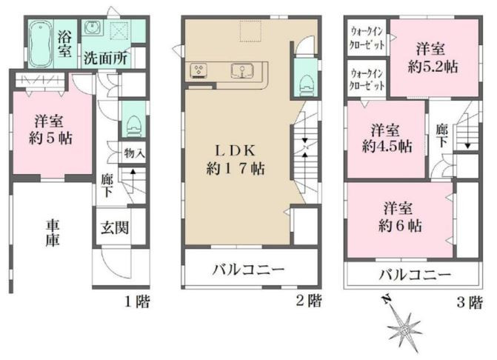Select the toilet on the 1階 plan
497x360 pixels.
pyautogui.click(x=133, y=126)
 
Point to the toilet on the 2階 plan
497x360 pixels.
pyautogui.click(x=306, y=84)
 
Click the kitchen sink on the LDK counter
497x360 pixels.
pyautogui.click(x=243, y=70)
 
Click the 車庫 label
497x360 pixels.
pyautogui.click(x=53, y=233)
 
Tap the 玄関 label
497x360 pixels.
pyautogui.click(x=115, y=227)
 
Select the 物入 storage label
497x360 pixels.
pyautogui.click(x=134, y=153)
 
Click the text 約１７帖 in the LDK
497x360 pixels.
pyautogui.click(x=236, y=169)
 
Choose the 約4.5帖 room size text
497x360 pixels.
pyautogui.click(x=387, y=147)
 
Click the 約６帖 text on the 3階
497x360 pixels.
pyautogui.click(x=400, y=226)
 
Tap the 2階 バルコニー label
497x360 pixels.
pyautogui.click(x=249, y=270)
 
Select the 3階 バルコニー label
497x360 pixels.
pyautogui.click(x=415, y=274)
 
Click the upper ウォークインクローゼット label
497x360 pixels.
pyautogui.click(x=367, y=39)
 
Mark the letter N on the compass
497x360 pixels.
pyautogui.click(x=387, y=299)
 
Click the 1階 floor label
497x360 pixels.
pyautogui.click(x=137, y=301)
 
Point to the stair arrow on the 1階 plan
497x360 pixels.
pyautogui.click(x=133, y=181)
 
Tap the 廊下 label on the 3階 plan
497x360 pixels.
pyautogui.click(x=442, y=136)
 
